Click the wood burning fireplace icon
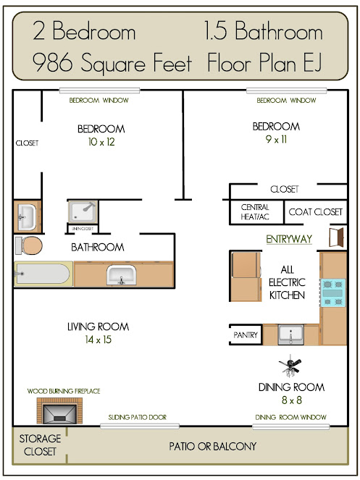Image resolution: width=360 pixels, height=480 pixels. [59, 410]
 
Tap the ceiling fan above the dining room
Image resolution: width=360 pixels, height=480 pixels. [290, 366]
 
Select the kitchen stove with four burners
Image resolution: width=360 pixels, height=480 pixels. [332, 293]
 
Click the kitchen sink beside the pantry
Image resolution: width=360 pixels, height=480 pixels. [290, 334]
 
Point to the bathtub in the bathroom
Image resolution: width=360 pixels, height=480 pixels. [43, 274]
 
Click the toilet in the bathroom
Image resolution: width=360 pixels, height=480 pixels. [29, 245]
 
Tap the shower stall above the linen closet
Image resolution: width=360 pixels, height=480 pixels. [83, 211]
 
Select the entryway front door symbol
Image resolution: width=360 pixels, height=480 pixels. [336, 237]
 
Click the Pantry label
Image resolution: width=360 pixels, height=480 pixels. [246, 335]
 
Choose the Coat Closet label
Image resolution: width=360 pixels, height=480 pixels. [315, 212]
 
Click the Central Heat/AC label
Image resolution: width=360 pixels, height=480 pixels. [255, 212]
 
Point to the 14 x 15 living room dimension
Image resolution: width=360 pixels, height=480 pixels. [98, 340]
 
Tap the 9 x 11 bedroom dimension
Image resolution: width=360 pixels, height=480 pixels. [276, 139]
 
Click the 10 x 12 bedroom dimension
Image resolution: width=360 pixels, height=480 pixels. [101, 142]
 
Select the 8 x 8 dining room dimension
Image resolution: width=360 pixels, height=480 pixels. [292, 400]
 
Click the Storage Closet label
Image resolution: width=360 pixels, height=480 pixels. [40, 445]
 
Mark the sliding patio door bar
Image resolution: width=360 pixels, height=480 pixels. [140, 426]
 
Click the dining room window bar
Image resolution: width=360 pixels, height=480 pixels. [290, 426]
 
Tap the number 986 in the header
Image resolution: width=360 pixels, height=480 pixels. [53, 62]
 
